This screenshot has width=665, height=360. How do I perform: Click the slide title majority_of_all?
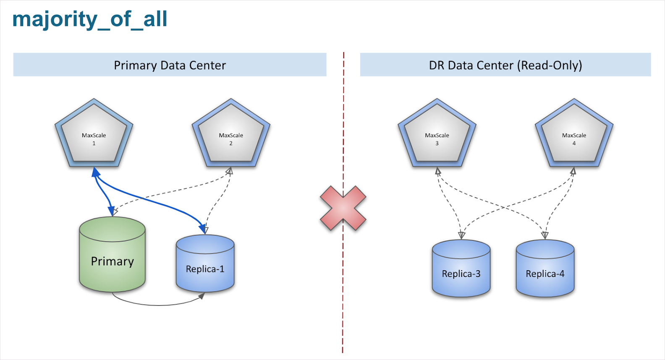pyautogui.click(x=89, y=20)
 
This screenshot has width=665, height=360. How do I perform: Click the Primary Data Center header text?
pyautogui.click(x=170, y=65)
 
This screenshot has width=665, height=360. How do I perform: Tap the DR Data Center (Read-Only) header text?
pyautogui.click(x=505, y=65)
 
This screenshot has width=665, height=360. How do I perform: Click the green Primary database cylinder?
pyautogui.click(x=112, y=260)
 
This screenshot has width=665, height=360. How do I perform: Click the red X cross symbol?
pyautogui.click(x=343, y=208)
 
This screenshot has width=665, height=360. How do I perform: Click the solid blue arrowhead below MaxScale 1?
pyautogui.click(x=96, y=172)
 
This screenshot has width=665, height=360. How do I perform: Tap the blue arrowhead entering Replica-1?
pyautogui.click(x=203, y=229)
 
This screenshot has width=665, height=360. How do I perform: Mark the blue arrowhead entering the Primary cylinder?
pyautogui.click(x=111, y=211)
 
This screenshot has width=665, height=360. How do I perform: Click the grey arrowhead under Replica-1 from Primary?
pyautogui.click(x=202, y=296)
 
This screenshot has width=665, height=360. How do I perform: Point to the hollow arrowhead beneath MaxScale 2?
pyautogui.click(x=229, y=171)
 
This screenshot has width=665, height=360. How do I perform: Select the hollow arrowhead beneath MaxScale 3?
pyautogui.click(x=438, y=171)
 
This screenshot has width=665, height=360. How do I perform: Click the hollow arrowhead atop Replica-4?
pyautogui.click(x=545, y=235)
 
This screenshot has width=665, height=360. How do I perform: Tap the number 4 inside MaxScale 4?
pyautogui.click(x=574, y=143)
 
